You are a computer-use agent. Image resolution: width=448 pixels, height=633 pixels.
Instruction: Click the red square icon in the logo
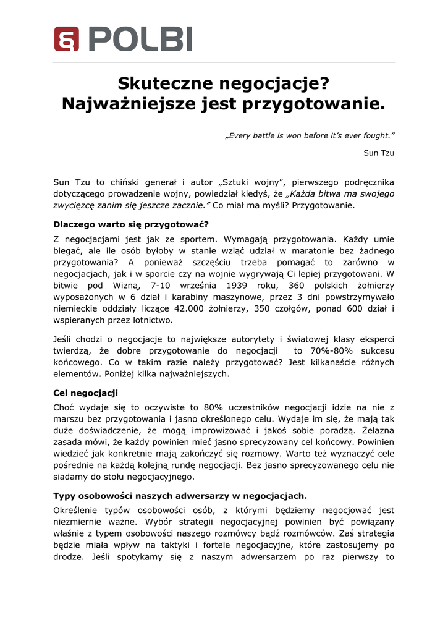66,39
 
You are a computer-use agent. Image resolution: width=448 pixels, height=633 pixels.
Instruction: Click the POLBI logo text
140,39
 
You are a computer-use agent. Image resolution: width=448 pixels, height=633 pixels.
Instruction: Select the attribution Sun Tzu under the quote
379,153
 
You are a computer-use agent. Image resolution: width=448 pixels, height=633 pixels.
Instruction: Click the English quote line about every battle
310,135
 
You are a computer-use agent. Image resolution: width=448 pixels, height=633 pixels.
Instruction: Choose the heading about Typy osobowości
180,496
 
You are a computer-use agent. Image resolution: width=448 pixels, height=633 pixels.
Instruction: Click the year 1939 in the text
240,286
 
